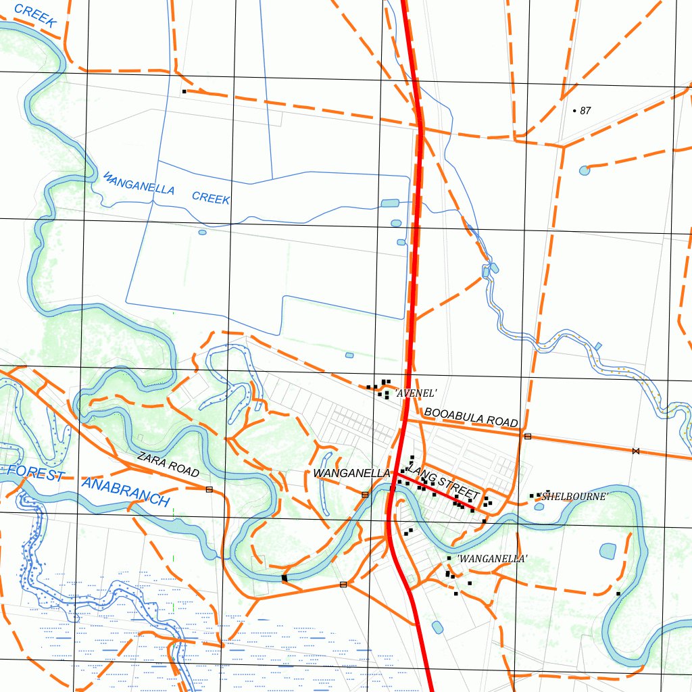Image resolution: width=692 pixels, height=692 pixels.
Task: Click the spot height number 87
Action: point(585,111)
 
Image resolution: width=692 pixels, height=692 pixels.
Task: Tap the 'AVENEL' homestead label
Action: point(416,393)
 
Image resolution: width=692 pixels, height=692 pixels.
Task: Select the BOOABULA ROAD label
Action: point(471,418)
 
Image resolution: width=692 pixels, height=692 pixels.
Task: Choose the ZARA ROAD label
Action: point(168,464)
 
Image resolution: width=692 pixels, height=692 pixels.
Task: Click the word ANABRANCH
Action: point(125,491)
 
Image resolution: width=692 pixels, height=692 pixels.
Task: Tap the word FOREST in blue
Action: point(34,472)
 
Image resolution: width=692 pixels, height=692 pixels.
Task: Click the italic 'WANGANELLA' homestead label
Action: point(492,559)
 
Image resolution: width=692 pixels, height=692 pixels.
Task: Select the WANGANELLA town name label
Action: point(351,473)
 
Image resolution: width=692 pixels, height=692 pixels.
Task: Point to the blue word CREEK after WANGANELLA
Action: point(211,197)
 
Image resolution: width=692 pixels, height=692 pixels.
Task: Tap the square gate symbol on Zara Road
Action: point(209,489)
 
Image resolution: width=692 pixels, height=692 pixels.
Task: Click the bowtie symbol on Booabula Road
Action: point(635,451)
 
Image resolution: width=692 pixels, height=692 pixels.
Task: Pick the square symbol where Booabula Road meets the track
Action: point(528,437)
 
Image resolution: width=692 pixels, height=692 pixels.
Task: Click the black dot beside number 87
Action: point(574,110)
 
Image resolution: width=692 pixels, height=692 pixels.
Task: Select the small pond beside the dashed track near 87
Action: point(585,170)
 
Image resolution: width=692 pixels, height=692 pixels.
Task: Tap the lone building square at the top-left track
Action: point(184,91)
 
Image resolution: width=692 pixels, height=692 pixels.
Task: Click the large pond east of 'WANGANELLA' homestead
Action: point(608,551)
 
